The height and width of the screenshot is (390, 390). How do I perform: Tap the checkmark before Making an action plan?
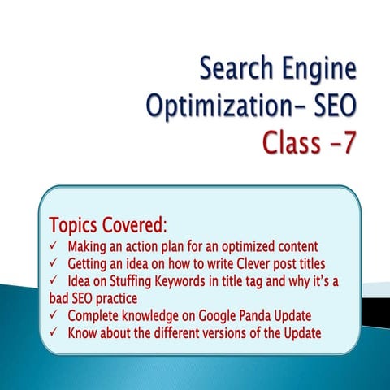coord(53,245)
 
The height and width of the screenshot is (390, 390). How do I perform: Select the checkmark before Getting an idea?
coord(53,263)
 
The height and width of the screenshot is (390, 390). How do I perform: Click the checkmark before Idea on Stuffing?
coord(53,281)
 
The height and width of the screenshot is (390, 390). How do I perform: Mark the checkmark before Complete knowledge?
coord(53,315)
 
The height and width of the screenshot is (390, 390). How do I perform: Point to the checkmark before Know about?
coord(53,332)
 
